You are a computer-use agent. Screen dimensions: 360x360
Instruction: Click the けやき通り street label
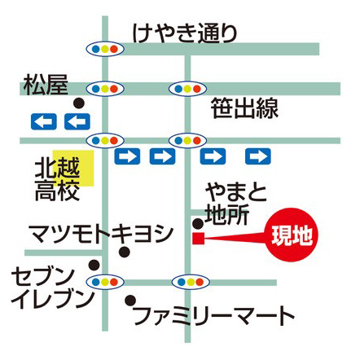coord(185,33)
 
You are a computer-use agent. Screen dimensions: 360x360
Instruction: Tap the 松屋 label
coord(46,85)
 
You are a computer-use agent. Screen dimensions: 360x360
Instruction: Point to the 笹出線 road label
coord(244,108)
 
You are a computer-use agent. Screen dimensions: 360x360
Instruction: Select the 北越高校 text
coord(58,180)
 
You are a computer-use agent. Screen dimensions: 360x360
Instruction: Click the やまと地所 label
coord(236,204)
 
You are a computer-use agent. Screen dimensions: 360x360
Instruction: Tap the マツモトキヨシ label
coord(101,234)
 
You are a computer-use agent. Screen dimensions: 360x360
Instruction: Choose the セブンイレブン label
coord(51,288)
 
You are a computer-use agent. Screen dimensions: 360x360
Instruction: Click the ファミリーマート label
coord(214,316)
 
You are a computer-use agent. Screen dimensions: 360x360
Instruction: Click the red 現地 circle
coord(292,235)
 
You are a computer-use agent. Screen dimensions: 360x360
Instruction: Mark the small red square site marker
coord(198,239)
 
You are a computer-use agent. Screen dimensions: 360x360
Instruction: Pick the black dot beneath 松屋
coord(79,103)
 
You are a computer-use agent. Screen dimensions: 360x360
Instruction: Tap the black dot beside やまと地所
coord(198,223)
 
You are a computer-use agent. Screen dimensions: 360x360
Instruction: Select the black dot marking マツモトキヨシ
coord(125,252)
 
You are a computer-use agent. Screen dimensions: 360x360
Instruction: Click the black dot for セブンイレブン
coord(94,265)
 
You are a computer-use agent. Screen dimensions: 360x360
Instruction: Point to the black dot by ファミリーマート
coord(130,301)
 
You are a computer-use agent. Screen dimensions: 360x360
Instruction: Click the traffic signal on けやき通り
coord(105,50)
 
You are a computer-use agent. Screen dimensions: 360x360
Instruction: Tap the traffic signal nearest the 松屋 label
coord(105,89)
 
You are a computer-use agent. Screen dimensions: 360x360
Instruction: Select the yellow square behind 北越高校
coord(73,169)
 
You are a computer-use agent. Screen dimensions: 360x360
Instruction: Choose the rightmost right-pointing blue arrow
coord(258,156)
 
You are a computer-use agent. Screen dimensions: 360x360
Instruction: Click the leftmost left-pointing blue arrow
coord(44,121)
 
